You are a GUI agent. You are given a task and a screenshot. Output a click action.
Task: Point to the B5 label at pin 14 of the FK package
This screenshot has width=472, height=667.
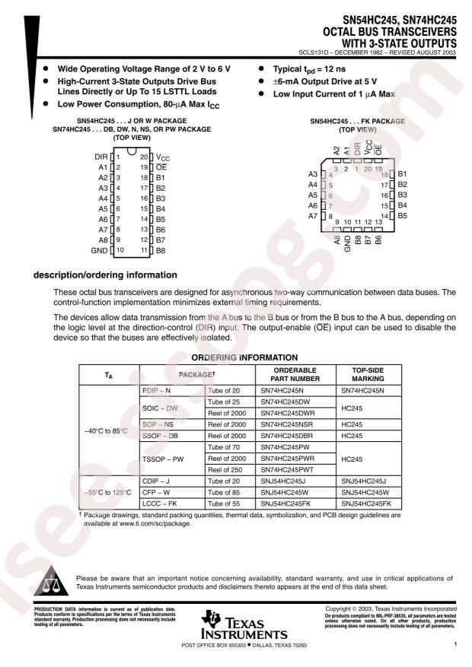pos(403,216)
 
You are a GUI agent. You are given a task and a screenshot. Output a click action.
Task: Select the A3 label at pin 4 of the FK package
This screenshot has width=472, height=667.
pos(312,174)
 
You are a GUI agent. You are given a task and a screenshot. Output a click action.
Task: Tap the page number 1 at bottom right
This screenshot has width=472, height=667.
pos(453,646)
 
